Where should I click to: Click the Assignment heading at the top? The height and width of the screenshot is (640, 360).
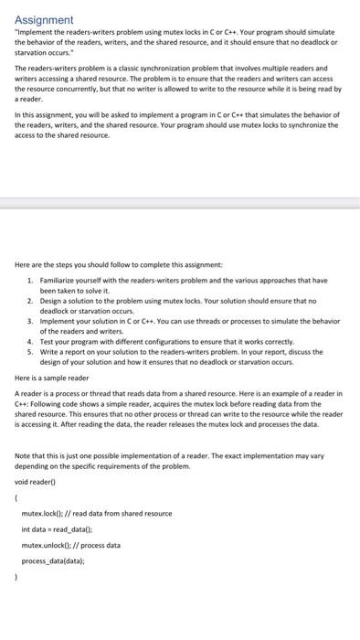pyautogui.click(x=45, y=18)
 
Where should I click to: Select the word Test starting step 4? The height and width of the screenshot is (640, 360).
pyautogui.click(x=46, y=342)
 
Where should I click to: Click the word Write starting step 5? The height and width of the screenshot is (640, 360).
pyautogui.click(x=48, y=352)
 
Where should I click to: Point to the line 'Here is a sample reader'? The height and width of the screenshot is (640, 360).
pyautogui.click(x=52, y=377)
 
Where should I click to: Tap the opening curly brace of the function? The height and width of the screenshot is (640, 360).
pyautogui.click(x=17, y=497)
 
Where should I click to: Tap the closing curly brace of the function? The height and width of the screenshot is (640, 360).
pyautogui.click(x=17, y=576)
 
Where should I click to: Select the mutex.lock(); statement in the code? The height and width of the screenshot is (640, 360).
pyautogui.click(x=40, y=514)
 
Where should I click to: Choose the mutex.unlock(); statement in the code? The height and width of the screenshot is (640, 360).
pyautogui.click(x=45, y=545)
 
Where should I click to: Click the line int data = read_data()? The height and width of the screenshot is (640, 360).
pyautogui.click(x=57, y=529)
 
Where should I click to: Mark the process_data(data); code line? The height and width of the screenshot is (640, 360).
pyautogui.click(x=58, y=560)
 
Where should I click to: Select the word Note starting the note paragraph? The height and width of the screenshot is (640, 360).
pyautogui.click(x=23, y=456)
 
